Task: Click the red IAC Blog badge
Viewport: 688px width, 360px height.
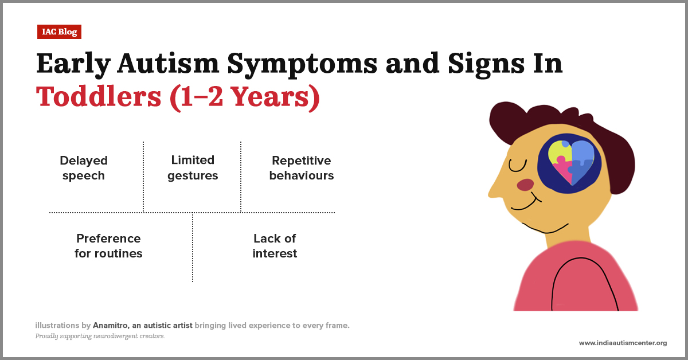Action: point(59,32)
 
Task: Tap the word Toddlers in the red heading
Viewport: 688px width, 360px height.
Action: point(98,97)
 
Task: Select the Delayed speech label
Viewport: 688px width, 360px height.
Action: point(84,168)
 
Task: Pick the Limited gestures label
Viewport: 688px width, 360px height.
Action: point(193,168)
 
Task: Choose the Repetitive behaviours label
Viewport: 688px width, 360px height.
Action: point(302,168)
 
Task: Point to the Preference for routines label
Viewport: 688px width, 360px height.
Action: point(108,245)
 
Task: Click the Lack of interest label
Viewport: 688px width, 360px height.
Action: point(275,245)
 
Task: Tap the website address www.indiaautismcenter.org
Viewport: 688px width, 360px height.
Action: point(623,343)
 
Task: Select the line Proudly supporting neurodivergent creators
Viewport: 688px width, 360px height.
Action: point(100,336)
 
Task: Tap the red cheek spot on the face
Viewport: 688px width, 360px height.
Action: point(525,185)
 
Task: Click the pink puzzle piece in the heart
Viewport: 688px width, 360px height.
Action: point(562,171)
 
